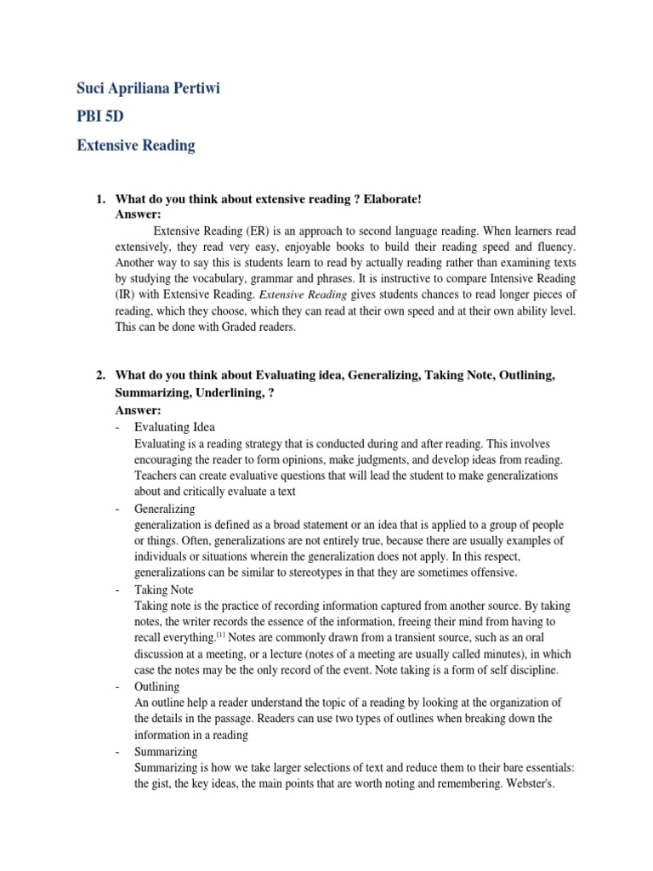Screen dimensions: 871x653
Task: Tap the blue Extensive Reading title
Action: pyautogui.click(x=135, y=145)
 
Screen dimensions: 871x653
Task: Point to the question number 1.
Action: pyautogui.click(x=99, y=199)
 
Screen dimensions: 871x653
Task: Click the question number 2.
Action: pyautogui.click(x=99, y=375)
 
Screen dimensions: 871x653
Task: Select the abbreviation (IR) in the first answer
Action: pyautogui.click(x=126, y=294)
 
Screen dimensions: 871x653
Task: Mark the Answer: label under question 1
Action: pyautogui.click(x=138, y=213)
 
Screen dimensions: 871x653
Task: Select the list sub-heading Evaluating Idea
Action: pyautogui.click(x=174, y=427)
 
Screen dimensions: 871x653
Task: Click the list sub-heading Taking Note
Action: pyautogui.click(x=164, y=589)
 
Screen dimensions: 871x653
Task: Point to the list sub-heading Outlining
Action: pyautogui.click(x=157, y=686)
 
